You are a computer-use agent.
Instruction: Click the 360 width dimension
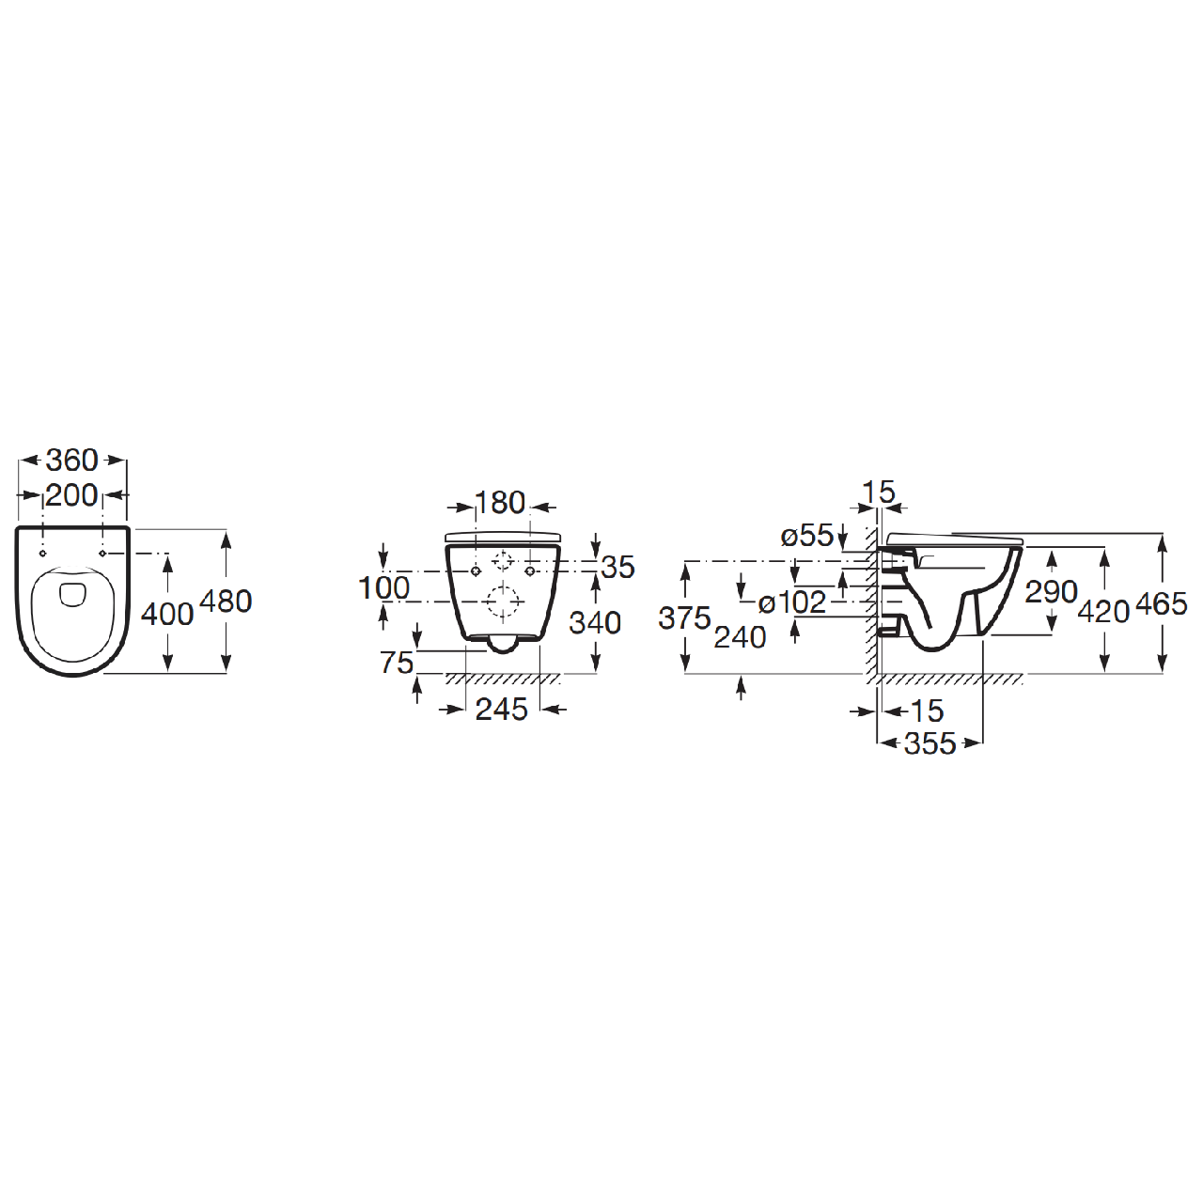[72, 461]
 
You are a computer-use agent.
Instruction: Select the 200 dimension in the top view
[72, 495]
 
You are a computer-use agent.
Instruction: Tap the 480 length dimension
[226, 601]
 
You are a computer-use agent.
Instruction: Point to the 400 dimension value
[167, 615]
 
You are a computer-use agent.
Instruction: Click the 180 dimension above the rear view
[501, 503]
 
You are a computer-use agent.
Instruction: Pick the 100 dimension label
[384, 587]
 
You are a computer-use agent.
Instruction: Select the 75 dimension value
[397, 663]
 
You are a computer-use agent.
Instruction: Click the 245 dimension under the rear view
[502, 710]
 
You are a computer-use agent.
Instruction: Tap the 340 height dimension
[596, 622]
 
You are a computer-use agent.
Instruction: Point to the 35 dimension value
[618, 567]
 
